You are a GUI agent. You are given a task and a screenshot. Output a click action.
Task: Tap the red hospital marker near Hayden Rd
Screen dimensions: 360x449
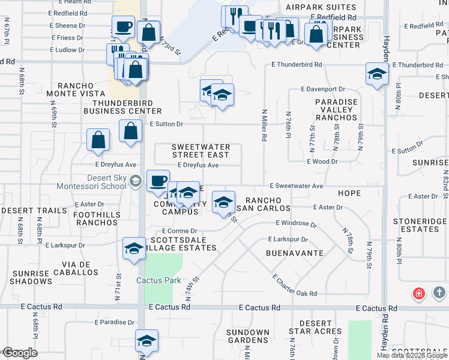418,293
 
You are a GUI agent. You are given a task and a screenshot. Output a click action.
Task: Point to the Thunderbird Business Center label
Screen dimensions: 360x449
122,106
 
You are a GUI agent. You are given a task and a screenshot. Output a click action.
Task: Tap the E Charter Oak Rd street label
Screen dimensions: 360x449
294,285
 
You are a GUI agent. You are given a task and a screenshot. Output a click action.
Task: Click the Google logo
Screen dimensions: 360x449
19,353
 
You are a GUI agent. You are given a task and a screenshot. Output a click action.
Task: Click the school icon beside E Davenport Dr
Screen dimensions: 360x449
376,75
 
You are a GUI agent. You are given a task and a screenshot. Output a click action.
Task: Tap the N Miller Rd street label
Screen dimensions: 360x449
264,124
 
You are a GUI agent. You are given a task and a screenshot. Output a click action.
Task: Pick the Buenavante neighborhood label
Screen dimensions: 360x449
295,253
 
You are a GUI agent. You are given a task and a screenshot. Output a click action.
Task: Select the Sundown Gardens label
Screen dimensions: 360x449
247,337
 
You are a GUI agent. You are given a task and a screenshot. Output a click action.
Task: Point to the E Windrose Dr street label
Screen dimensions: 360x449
295,223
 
